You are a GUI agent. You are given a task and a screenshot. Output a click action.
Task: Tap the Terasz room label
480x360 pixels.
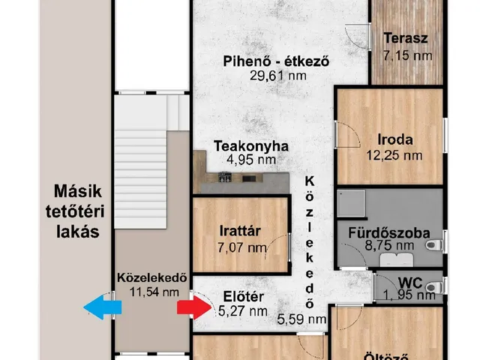406,39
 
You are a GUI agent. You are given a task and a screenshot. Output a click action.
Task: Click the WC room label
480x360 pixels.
409,283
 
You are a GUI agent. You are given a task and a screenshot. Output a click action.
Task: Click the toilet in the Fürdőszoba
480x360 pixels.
433,244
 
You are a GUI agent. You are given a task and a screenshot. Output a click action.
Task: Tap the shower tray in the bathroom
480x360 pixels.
350,203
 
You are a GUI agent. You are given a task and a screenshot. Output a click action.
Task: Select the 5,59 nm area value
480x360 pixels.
302,319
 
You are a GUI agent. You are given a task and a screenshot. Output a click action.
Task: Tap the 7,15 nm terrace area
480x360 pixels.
406,55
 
